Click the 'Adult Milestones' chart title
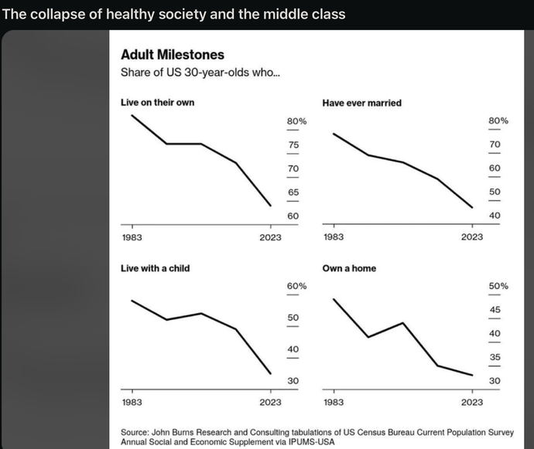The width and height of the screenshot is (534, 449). (x=173, y=55)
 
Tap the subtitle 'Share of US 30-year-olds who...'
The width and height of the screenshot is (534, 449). (x=200, y=73)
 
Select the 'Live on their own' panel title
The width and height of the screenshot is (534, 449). (x=157, y=102)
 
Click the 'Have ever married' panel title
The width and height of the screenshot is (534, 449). (x=361, y=103)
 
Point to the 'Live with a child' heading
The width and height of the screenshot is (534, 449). (x=155, y=268)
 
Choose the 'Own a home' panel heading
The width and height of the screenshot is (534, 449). (x=349, y=268)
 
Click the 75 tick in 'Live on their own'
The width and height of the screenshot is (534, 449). (x=293, y=145)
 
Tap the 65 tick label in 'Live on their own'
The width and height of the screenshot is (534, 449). (x=293, y=192)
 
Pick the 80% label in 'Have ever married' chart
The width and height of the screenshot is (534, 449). (x=498, y=121)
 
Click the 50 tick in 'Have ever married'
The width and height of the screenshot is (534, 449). (x=495, y=192)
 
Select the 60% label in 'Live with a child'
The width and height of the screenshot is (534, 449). (x=296, y=286)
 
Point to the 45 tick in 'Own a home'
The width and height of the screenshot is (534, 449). (x=495, y=310)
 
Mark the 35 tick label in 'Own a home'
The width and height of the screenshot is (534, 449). (x=495, y=357)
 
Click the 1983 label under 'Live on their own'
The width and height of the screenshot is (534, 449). (x=132, y=237)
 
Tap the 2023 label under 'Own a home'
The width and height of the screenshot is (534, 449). (x=472, y=403)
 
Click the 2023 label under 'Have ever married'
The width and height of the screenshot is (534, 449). (x=472, y=237)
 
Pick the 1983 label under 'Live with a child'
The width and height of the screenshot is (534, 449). (x=132, y=403)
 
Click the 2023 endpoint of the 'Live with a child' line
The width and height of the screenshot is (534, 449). (x=271, y=374)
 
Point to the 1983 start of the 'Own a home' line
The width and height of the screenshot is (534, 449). (x=334, y=299)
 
